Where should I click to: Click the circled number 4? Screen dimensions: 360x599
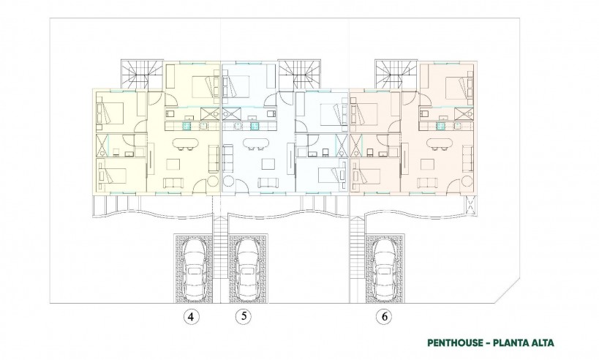click(190, 317)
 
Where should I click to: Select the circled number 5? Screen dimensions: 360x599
click(242, 317)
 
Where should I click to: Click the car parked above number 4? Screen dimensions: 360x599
click(195, 267)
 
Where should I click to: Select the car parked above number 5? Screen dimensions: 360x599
click(246, 267)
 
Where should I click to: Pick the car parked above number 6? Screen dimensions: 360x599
click(385, 267)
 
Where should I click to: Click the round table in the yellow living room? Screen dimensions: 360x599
click(212, 181)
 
